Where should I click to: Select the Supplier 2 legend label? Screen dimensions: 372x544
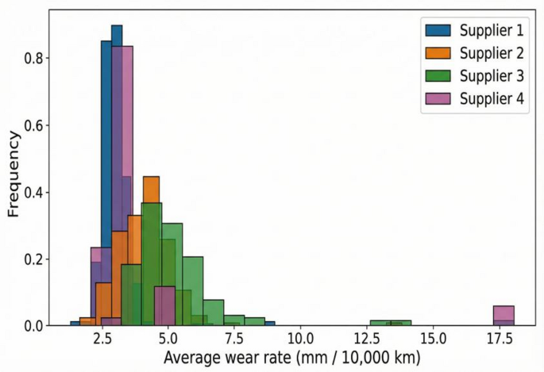tap(490, 53)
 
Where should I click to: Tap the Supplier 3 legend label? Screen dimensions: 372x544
tap(490, 76)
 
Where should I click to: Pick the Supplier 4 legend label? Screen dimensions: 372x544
tap(490, 98)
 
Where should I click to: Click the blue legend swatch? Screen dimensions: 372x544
tap(436, 31)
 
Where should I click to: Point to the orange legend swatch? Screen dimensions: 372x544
tap(436, 53)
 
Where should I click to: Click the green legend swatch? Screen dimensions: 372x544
tap(436, 76)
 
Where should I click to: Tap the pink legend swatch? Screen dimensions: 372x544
tap(436, 98)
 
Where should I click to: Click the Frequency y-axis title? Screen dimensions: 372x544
tap(14, 174)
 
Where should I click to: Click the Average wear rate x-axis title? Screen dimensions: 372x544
tap(291, 358)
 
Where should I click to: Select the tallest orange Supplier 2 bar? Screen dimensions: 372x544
tap(151, 250)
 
